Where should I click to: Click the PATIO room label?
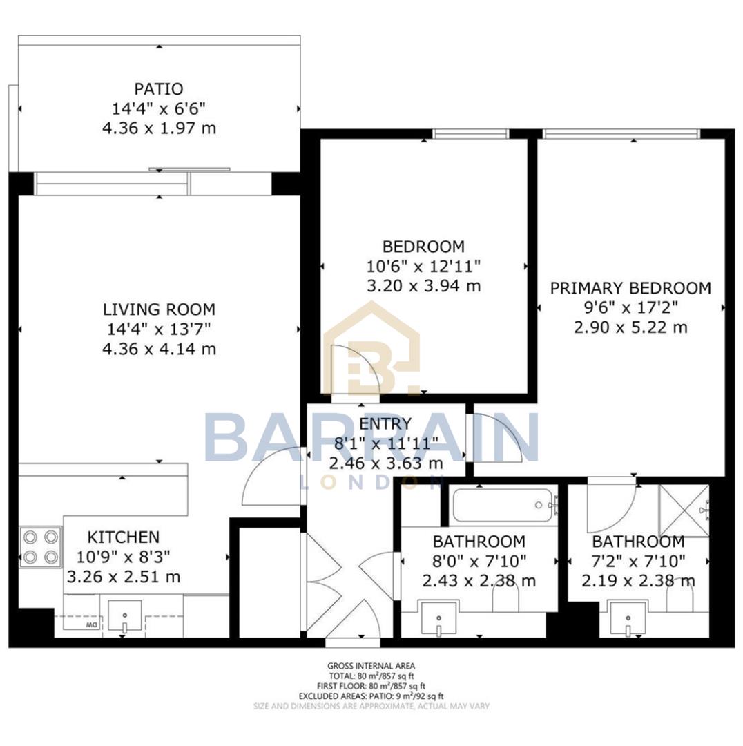[159, 89]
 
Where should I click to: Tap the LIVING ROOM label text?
[159, 309]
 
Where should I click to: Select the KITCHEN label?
[123, 537]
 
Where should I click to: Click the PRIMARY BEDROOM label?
[630, 288]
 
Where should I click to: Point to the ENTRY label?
[385, 423]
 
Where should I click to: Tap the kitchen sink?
[125, 615]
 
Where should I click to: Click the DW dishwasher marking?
[90, 626]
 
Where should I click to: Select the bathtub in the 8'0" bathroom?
[503, 506]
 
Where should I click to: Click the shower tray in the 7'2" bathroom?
[684, 510]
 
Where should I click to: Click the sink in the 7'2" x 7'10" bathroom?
[627, 617]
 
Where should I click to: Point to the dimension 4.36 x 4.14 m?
[159, 350]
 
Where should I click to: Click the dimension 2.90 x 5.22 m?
[630, 327]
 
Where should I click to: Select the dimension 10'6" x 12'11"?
[423, 266]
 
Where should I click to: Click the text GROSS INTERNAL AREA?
[371, 666]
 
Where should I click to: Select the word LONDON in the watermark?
[371, 482]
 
